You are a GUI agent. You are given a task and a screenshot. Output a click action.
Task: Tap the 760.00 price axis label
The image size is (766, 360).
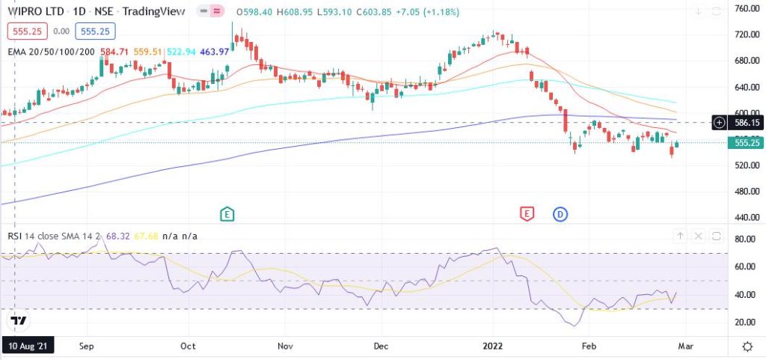click(748, 9)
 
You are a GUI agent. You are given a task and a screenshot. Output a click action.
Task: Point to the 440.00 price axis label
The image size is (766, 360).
click(748, 217)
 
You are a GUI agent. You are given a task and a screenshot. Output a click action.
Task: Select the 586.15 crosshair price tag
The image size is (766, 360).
click(747, 122)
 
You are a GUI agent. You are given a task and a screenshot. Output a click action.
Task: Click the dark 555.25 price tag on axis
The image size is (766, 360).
click(747, 142)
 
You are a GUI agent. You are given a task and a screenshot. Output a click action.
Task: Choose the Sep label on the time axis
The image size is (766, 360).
click(87, 347)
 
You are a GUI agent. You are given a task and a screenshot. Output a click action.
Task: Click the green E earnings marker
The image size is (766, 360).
click(227, 215)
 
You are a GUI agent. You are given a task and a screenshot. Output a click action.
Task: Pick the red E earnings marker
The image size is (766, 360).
click(527, 215)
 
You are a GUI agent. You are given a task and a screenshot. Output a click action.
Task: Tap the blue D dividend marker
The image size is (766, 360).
click(561, 215)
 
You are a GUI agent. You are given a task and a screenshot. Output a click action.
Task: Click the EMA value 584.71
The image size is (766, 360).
click(115, 52)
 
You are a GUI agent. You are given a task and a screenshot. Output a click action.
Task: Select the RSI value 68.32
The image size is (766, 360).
click(118, 237)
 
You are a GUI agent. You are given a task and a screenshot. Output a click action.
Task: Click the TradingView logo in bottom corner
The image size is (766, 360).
click(18, 320)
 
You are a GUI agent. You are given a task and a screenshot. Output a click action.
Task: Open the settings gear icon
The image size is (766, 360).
click(747, 347)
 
